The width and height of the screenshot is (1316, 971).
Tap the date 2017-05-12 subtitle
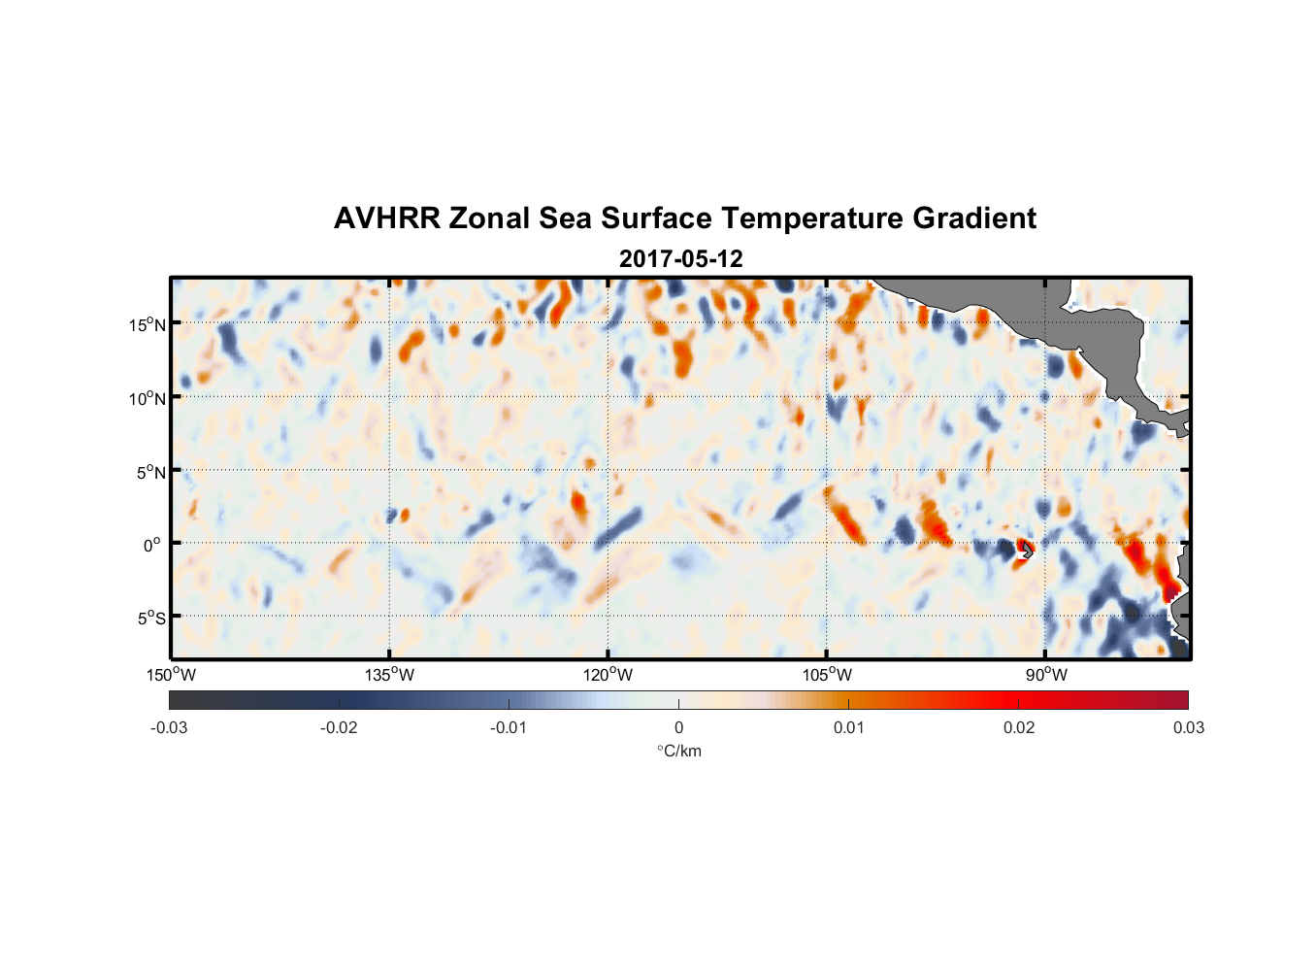pos(680,259)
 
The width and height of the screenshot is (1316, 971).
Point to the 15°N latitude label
pos(147,324)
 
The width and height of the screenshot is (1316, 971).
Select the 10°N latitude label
pos(147,398)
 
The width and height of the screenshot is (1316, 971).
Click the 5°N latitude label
pos(149,472)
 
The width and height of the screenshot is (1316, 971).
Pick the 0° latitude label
pos(151,545)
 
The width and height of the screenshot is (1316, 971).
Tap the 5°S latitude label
pos(149,619)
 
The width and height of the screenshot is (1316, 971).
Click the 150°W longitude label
pos(171,675)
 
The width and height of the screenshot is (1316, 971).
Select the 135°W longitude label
pos(389,675)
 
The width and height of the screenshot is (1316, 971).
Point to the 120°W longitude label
pos(608,675)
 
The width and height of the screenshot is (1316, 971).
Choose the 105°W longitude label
pos(827,675)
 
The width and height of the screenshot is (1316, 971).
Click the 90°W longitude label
pos(1046,675)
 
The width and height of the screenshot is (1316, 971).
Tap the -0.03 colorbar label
pos(169,727)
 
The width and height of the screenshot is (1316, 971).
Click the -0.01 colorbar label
pos(509,727)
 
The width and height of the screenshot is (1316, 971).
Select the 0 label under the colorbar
pos(678,727)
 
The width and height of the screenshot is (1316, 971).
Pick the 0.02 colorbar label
pos(1019,727)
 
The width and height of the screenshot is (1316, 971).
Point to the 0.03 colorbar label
pos(1188,727)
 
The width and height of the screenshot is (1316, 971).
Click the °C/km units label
pos(679,751)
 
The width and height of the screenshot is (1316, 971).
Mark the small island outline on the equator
pos(1026,551)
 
